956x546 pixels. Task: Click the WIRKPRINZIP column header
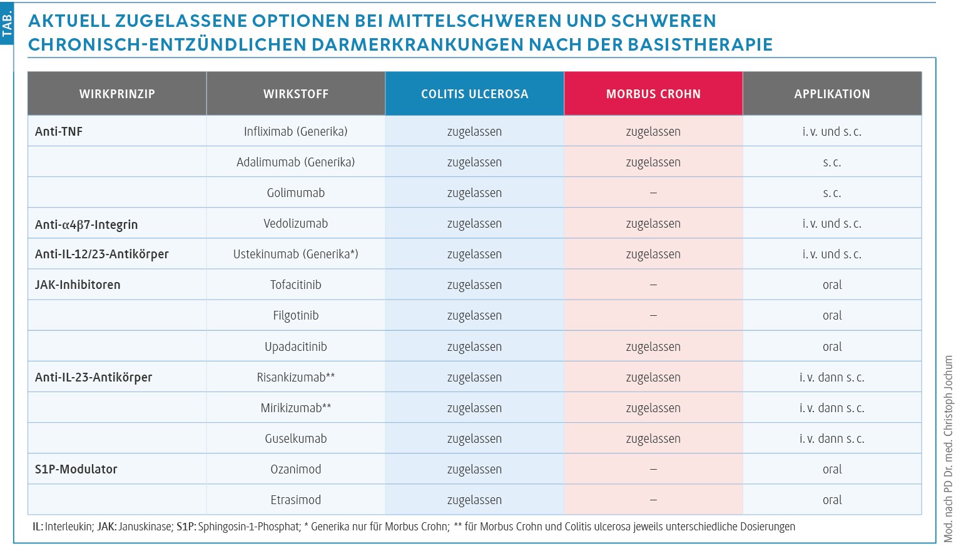pyautogui.click(x=117, y=94)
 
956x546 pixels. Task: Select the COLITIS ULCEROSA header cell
pyautogui.click(x=475, y=94)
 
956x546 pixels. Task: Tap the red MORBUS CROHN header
pyautogui.click(x=653, y=94)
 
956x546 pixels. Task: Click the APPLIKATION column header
pyautogui.click(x=831, y=94)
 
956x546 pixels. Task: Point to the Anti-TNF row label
pyautogui.click(x=58, y=131)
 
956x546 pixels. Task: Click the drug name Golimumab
pyautogui.click(x=296, y=193)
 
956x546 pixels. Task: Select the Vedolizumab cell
pyautogui.click(x=296, y=223)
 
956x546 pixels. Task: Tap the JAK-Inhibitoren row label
pyautogui.click(x=78, y=285)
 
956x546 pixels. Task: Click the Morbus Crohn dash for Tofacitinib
pyautogui.click(x=653, y=285)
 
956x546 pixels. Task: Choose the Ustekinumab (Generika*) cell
pyautogui.click(x=296, y=254)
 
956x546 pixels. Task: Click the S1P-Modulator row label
pyautogui.click(x=76, y=469)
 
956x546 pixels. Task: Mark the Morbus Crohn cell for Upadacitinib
pyautogui.click(x=653, y=346)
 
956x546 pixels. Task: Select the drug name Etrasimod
pyautogui.click(x=296, y=500)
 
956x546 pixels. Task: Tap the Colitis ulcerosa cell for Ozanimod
pyautogui.click(x=475, y=470)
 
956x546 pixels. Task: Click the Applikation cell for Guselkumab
pyautogui.click(x=831, y=438)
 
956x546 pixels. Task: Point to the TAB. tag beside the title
pyautogui.click(x=7, y=24)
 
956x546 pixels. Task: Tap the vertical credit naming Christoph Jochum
pyautogui.click(x=948, y=448)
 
